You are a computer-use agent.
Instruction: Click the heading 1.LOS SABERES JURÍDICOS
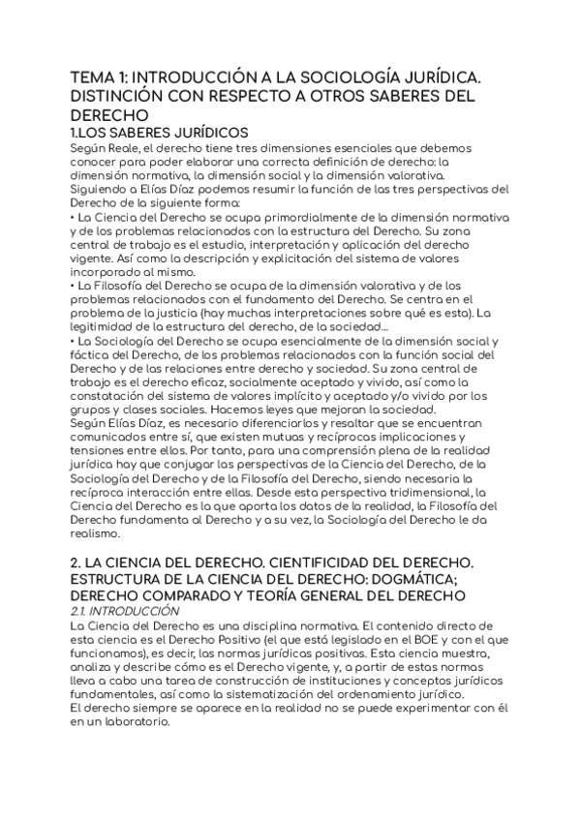tap(146, 133)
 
